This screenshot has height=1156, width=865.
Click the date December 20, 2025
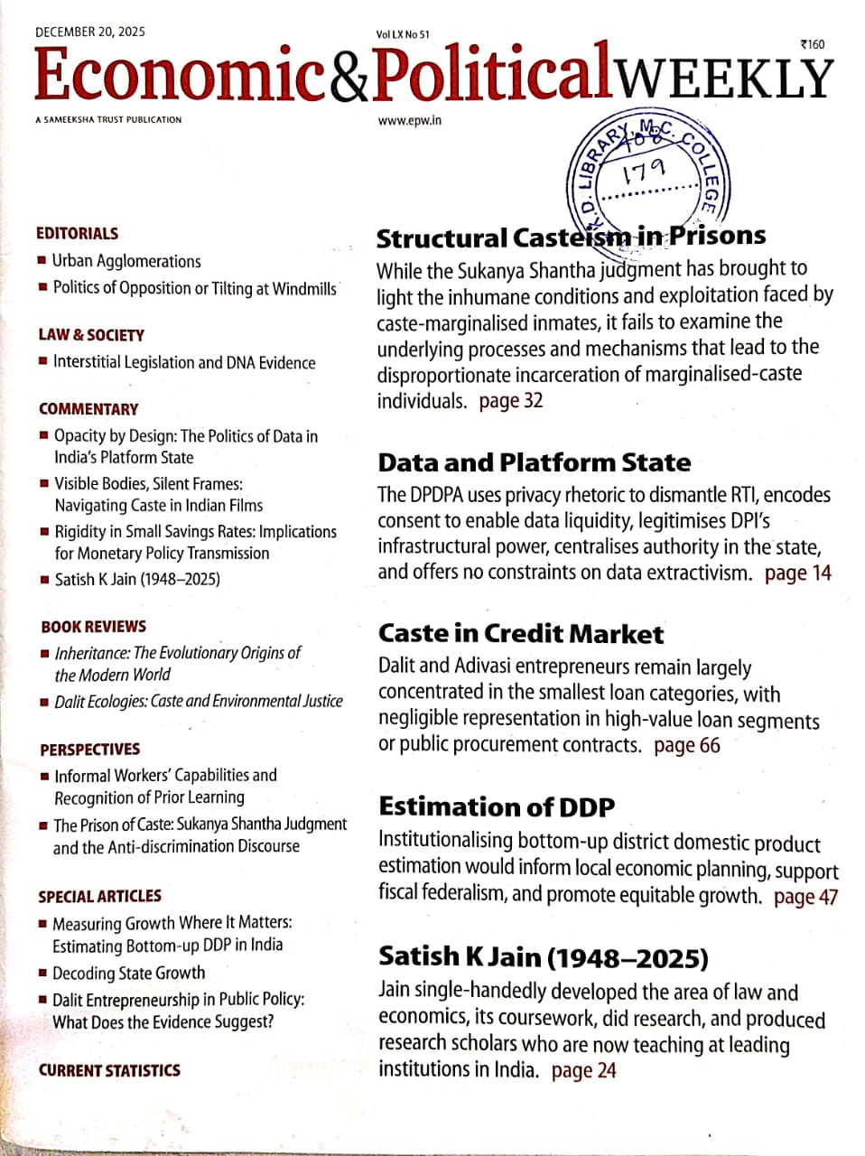(x=89, y=32)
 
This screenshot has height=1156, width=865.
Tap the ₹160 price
(x=812, y=44)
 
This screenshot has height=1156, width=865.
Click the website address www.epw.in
(x=409, y=120)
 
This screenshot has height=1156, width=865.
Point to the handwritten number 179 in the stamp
(x=644, y=170)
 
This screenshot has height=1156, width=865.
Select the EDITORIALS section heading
(x=77, y=233)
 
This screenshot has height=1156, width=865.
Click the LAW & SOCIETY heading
(x=91, y=335)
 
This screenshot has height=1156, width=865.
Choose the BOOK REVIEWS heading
(x=93, y=626)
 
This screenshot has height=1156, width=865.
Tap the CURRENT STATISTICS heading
(x=109, y=1070)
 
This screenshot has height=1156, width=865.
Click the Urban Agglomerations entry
(x=126, y=261)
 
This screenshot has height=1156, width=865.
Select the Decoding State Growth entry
(x=128, y=973)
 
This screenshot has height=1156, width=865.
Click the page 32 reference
(x=511, y=400)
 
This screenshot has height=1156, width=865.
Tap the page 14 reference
(x=797, y=573)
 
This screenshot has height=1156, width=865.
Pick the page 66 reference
(x=686, y=745)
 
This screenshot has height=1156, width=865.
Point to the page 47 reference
(x=805, y=897)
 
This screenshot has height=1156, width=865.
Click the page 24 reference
(x=583, y=1070)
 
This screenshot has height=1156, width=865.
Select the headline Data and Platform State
(x=534, y=462)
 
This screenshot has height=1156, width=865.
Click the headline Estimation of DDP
(x=497, y=806)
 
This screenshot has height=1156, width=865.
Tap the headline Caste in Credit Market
(x=520, y=633)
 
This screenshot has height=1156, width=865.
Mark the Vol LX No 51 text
(x=402, y=34)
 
